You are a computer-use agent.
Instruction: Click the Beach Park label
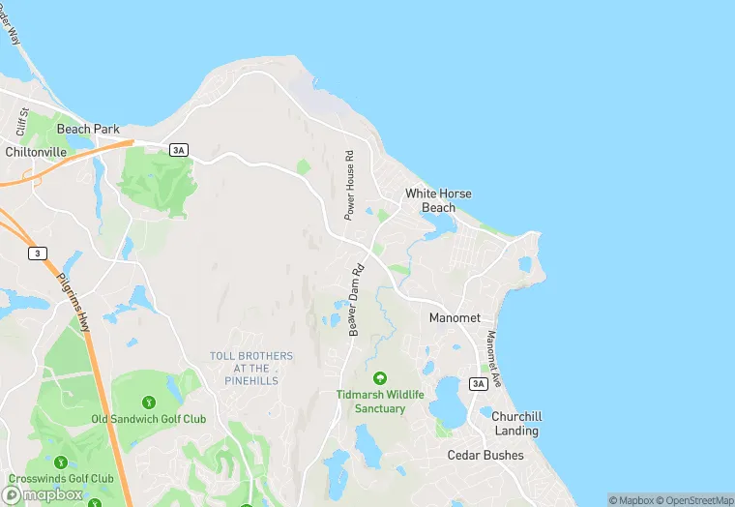[87, 129]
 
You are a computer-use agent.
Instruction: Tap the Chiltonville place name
[36, 152]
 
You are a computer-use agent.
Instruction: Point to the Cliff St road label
[20, 122]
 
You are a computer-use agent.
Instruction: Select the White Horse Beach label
[438, 200]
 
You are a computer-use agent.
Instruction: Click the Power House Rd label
[350, 183]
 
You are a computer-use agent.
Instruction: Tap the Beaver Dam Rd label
[355, 301]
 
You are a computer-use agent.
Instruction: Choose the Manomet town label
[456, 317]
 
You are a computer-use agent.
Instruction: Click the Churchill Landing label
[516, 423]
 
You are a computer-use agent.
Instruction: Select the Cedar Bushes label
[485, 455]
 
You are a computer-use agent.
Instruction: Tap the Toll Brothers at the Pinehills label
[251, 369]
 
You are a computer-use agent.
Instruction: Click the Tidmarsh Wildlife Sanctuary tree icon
[380, 377]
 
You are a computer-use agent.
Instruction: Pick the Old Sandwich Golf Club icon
[148, 403]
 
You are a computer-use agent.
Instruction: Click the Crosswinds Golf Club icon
[62, 462]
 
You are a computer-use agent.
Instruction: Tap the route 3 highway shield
[37, 253]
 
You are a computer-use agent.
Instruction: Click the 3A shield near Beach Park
[178, 150]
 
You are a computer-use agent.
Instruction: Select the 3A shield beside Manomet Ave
[478, 384]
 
